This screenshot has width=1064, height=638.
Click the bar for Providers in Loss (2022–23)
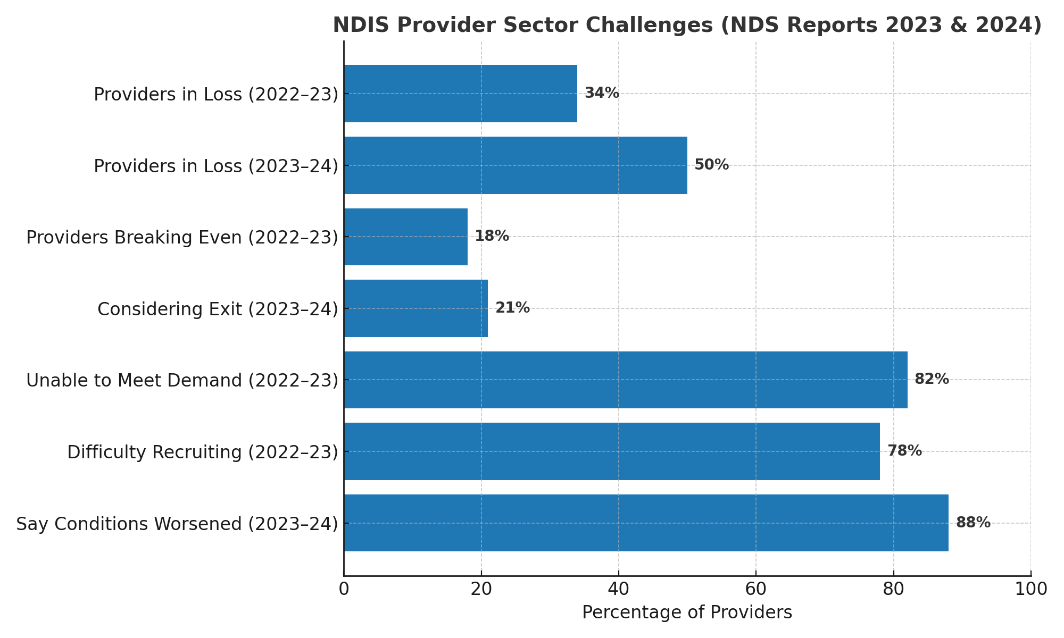pyautogui.click(x=460, y=94)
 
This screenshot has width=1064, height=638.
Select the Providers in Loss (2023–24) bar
pyautogui.click(x=515, y=165)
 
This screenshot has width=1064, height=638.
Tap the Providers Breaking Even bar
pyautogui.click(x=405, y=237)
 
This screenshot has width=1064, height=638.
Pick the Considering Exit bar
pyautogui.click(x=415, y=308)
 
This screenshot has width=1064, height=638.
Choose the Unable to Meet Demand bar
pyautogui.click(x=625, y=380)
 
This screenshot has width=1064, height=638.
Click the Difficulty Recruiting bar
pyautogui.click(x=611, y=451)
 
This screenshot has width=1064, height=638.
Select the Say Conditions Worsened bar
pyautogui.click(x=646, y=523)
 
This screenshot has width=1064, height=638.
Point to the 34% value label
pyautogui.click(x=602, y=93)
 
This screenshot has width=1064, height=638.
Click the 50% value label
pyautogui.click(x=711, y=165)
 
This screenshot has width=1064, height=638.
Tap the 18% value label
pyautogui.click(x=492, y=236)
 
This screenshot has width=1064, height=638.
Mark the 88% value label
pyautogui.click(x=973, y=523)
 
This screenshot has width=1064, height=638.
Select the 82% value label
pyautogui.click(x=932, y=379)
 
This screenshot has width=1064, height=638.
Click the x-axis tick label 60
pyautogui.click(x=756, y=589)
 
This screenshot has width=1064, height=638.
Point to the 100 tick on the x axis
pyautogui.click(x=1030, y=589)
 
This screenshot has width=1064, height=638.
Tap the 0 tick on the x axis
pyautogui.click(x=344, y=589)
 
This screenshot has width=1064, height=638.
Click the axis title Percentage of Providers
pyautogui.click(x=687, y=612)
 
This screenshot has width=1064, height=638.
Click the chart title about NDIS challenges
pyautogui.click(x=687, y=26)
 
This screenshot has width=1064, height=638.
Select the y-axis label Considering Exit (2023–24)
pyautogui.click(x=218, y=309)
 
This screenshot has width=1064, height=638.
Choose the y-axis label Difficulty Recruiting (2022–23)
pyautogui.click(x=203, y=452)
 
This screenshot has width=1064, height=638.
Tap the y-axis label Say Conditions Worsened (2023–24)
pyautogui.click(x=177, y=524)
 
